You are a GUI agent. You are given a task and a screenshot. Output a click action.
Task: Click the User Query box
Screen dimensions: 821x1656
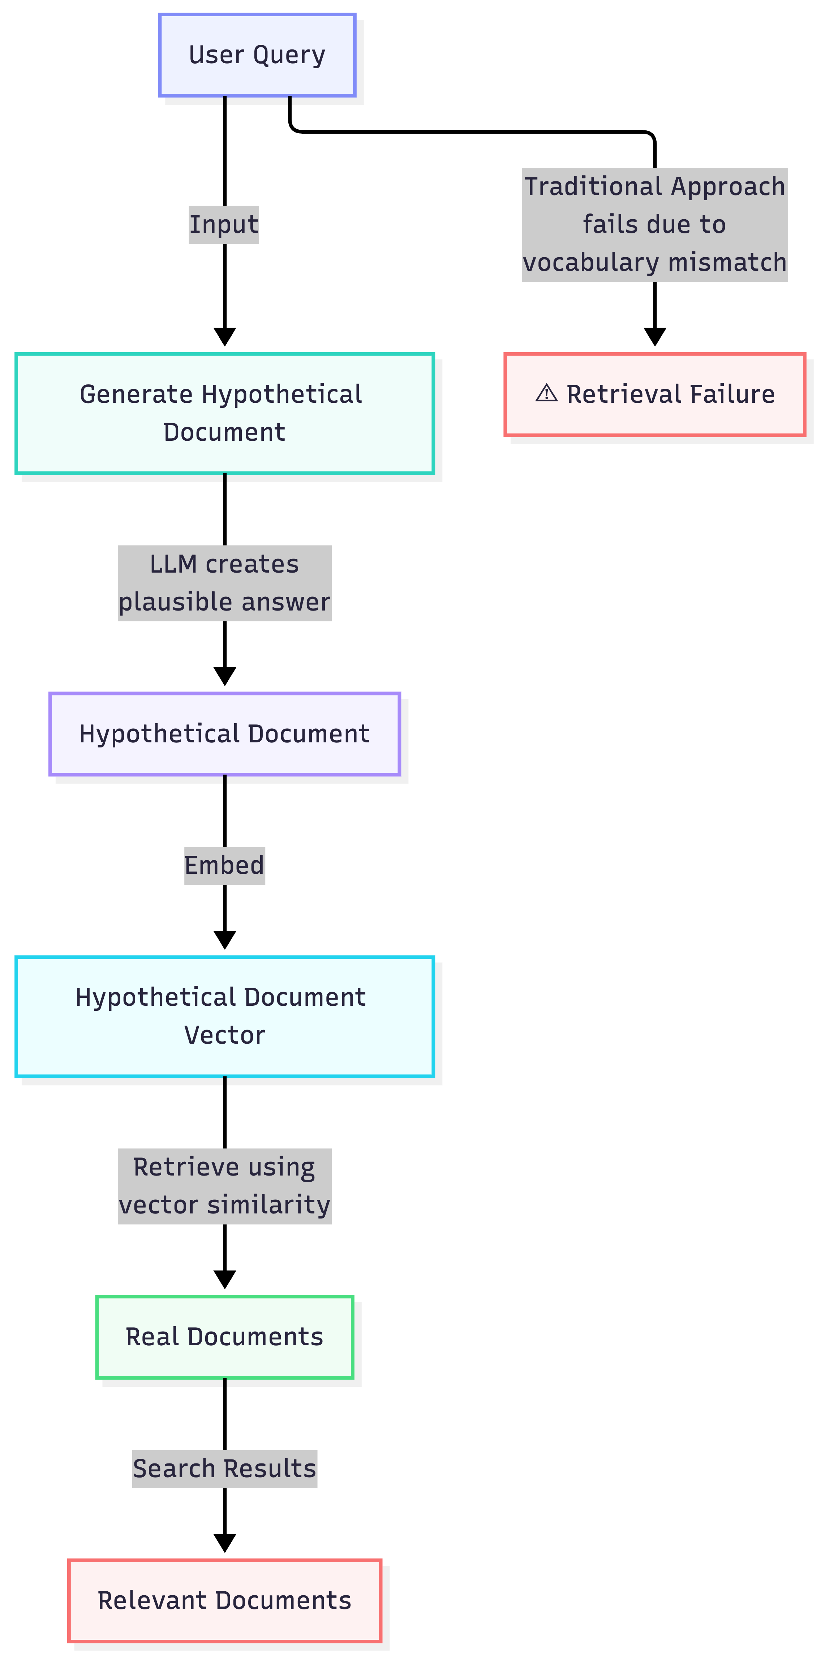[x=257, y=55]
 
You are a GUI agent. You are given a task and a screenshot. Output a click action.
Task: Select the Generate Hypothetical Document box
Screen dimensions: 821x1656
[x=224, y=413]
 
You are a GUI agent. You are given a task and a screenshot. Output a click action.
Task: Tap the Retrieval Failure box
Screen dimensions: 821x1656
[x=654, y=394]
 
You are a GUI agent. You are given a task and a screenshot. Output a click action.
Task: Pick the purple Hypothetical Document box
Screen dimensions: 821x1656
[x=224, y=734]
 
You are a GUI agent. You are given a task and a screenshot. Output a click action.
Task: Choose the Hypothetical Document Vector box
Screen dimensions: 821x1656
[x=224, y=1016]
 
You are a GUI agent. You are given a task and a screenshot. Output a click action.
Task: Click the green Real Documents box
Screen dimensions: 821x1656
[x=224, y=1337]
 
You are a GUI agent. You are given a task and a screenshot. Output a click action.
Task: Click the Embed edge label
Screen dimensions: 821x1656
[x=224, y=865]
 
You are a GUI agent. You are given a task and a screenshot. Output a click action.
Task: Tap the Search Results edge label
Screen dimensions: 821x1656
[x=224, y=1469]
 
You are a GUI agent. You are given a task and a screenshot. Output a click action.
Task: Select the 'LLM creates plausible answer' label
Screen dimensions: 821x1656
[x=224, y=583]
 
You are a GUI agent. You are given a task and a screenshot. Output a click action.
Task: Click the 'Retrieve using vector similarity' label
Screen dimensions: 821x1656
[x=224, y=1186]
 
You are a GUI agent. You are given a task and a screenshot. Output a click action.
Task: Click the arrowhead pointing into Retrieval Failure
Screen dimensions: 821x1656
[x=654, y=337]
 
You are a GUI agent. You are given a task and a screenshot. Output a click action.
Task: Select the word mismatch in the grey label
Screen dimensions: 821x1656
[x=727, y=262]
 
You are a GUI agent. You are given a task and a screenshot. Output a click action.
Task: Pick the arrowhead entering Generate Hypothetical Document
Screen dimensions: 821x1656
[x=224, y=337]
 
